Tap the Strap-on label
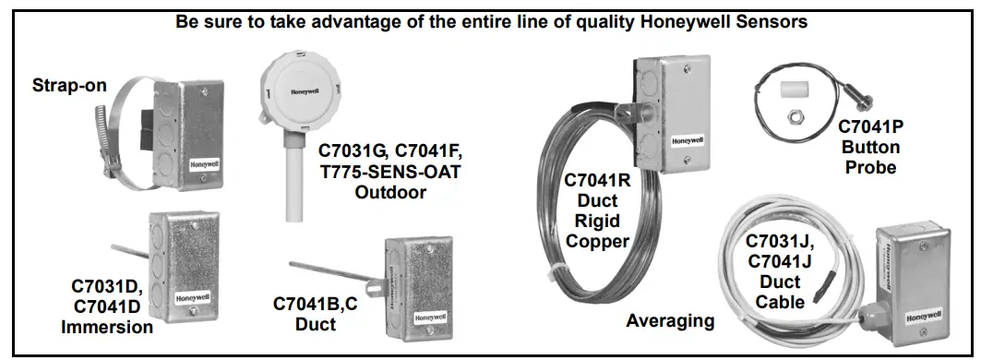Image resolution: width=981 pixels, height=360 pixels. pyautogui.click(x=70, y=86)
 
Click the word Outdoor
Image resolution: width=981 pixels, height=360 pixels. pyautogui.click(x=390, y=192)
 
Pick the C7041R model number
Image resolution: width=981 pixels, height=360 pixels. pyautogui.click(x=597, y=181)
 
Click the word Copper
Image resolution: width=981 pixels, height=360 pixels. pyautogui.click(x=597, y=242)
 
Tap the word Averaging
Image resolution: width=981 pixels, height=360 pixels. pyautogui.click(x=670, y=321)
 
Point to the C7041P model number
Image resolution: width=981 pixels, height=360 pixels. pyautogui.click(x=871, y=126)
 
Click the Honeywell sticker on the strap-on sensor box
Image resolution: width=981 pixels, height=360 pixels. pyautogui.click(x=204, y=168)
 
